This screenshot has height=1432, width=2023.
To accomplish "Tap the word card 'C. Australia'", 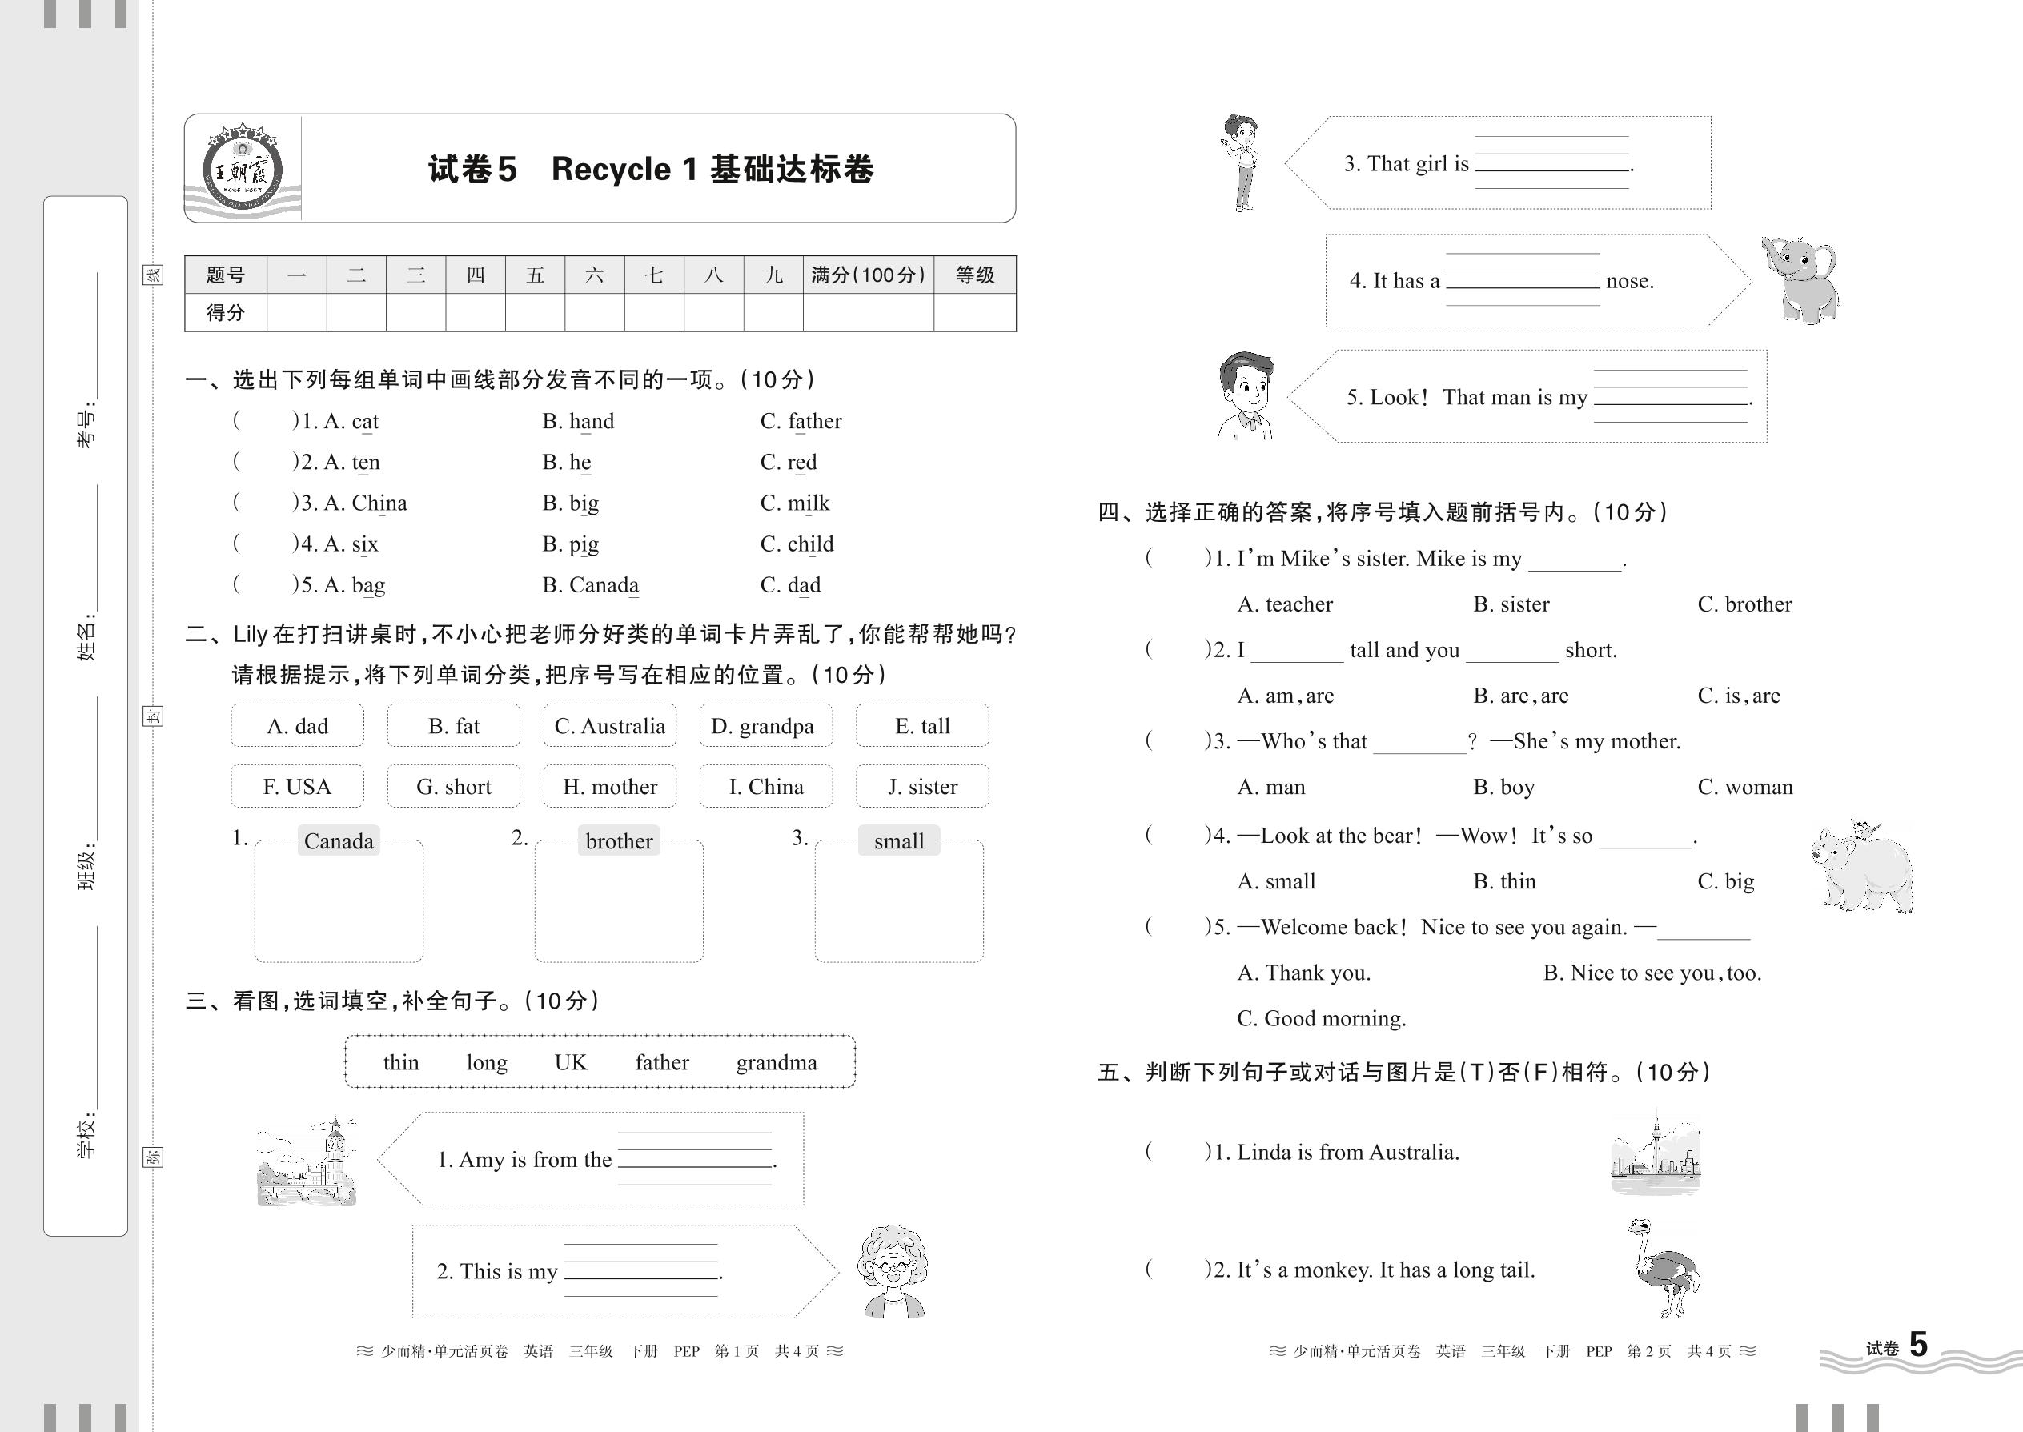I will click(x=609, y=726).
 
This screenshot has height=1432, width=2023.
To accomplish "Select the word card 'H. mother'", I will click(x=609, y=787).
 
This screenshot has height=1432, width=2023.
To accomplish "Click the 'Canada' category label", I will click(x=339, y=841).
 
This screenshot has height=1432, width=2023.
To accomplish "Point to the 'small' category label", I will click(x=898, y=841).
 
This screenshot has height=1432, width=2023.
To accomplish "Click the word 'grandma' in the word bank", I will click(x=776, y=1062).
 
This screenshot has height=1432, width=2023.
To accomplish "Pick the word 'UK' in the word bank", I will click(x=571, y=1062).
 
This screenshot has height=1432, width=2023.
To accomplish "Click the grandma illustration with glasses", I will click(x=893, y=1270).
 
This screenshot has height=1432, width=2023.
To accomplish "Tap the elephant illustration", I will click(x=1800, y=279).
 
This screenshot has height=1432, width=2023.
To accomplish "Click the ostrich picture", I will click(x=1662, y=1267).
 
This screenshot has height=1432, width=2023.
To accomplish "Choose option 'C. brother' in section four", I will click(x=1744, y=604).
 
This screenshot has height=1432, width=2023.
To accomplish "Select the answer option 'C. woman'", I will click(x=1744, y=787).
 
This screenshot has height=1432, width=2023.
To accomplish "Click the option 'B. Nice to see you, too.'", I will click(x=1652, y=973).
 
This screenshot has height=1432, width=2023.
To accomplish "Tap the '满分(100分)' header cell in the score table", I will click(x=868, y=275).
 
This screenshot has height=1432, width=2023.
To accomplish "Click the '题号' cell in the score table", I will click(x=225, y=275).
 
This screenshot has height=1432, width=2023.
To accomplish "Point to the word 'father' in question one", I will click(x=801, y=422).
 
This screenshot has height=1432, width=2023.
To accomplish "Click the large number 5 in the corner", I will click(x=1918, y=1345).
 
